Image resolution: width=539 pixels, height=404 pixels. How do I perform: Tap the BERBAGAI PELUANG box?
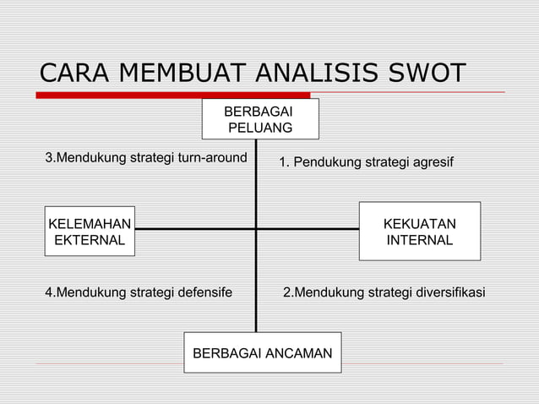coord(260,119)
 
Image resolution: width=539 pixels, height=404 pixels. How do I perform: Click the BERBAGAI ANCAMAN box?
coord(263,352)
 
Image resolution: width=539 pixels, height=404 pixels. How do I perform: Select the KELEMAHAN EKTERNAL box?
coord(90,232)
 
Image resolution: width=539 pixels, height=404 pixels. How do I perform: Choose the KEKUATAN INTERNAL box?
coord(420,232)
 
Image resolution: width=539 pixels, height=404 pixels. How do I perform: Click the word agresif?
coord(431,161)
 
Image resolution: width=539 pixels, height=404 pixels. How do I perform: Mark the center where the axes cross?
coord(256,229)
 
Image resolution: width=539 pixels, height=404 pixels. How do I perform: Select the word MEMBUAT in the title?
coord(176,74)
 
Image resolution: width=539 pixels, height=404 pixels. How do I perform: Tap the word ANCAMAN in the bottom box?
coord(295,352)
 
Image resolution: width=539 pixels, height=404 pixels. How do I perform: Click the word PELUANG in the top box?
coord(261,128)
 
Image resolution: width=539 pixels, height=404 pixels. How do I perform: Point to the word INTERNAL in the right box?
coord(420,240)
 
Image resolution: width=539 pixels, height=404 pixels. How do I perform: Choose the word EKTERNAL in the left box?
coord(90,240)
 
